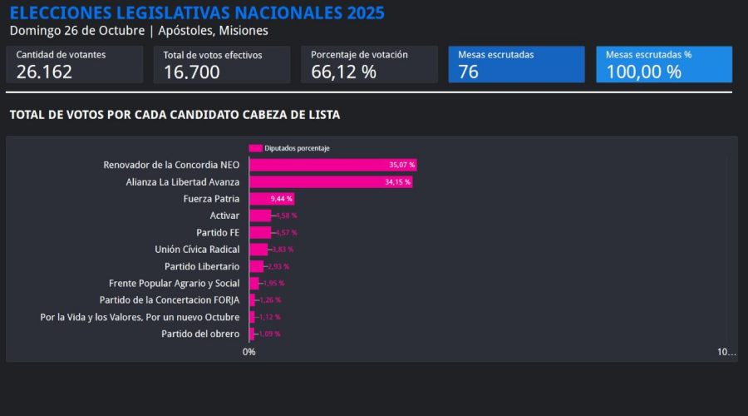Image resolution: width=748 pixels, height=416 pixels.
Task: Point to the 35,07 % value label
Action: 401,165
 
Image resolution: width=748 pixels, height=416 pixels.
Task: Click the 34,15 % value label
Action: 397,181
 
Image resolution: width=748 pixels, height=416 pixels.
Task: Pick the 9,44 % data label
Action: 282,199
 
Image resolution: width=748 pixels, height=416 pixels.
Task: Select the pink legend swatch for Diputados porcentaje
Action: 256,148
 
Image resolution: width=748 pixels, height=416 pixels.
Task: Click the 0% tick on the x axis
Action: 249,352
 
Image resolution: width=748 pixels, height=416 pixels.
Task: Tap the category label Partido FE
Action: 218,232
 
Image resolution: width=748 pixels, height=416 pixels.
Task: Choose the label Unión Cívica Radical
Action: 197,250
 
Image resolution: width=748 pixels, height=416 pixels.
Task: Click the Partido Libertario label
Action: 202,266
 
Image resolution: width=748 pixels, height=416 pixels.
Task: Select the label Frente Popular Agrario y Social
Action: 174,283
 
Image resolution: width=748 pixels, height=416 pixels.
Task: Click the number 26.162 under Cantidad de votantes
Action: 44,72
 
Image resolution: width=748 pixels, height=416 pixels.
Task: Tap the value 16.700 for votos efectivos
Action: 192,72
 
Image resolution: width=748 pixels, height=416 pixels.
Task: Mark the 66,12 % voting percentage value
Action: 343,72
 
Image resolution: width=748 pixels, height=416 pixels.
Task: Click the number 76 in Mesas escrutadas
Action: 469,72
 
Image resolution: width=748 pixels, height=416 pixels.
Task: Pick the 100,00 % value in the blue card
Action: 643,72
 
